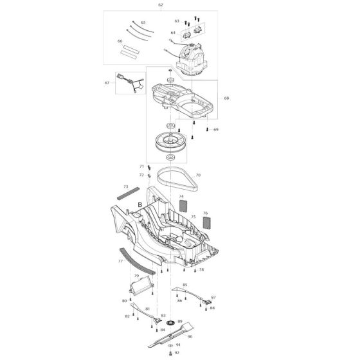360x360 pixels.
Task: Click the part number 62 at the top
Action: coord(161,5)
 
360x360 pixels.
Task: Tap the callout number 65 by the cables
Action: coord(143,22)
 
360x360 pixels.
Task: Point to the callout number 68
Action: coord(226,98)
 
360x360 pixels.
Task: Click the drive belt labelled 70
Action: coord(177,179)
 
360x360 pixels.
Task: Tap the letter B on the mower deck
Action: coord(140,204)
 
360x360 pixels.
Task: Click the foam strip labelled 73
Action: coord(128,194)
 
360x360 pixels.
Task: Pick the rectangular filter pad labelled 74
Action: coord(183,206)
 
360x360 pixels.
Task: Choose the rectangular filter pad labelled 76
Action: coord(207,222)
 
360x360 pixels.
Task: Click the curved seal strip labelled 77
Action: coord(137,261)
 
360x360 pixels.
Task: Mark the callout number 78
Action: coord(201,269)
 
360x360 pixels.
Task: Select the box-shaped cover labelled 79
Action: coord(141,285)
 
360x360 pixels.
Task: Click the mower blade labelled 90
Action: coord(170,335)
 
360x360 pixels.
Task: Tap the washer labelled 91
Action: coord(170,345)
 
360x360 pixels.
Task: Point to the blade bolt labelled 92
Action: coord(170,354)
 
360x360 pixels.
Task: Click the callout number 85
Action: coord(185,285)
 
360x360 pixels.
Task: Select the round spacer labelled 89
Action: coord(170,323)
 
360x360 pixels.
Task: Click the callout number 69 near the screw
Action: coord(216,129)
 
